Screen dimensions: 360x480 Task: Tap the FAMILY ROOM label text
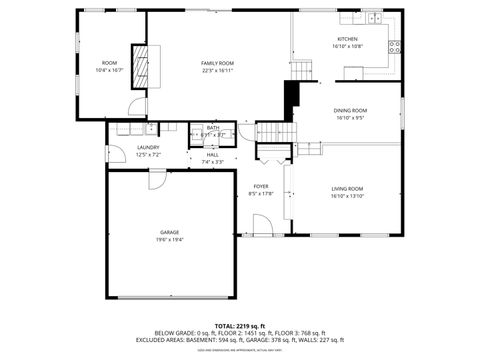[217, 63]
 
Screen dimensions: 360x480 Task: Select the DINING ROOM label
[351, 110]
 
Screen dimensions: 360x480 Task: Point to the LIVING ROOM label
[347, 188]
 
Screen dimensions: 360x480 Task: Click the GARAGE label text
[169, 232]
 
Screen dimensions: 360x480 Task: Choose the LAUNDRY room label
[148, 148]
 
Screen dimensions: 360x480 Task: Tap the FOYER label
[260, 186]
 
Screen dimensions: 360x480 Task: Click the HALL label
[213, 155]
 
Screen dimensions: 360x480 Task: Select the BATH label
[213, 128]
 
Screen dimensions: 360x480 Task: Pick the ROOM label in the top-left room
[109, 63]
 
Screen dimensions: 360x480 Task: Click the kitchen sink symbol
[374, 18]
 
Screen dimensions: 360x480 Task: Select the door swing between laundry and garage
[157, 178]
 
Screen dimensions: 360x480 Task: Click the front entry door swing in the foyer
[263, 225]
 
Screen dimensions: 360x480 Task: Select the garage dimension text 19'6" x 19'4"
[169, 240]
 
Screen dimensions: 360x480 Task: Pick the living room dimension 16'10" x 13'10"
[347, 196]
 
